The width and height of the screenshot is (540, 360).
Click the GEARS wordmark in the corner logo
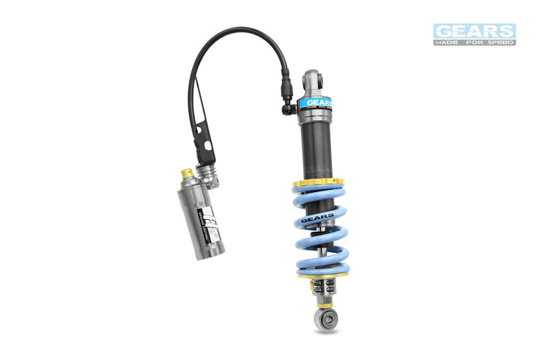pyautogui.click(x=474, y=31)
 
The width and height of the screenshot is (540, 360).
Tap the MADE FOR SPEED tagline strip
pyautogui.click(x=474, y=42)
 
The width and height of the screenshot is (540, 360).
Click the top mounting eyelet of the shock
pyautogui.click(x=313, y=78)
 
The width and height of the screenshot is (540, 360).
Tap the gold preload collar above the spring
pyautogui.click(x=318, y=182)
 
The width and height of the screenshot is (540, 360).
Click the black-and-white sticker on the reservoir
pyautogui.click(x=211, y=225)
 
